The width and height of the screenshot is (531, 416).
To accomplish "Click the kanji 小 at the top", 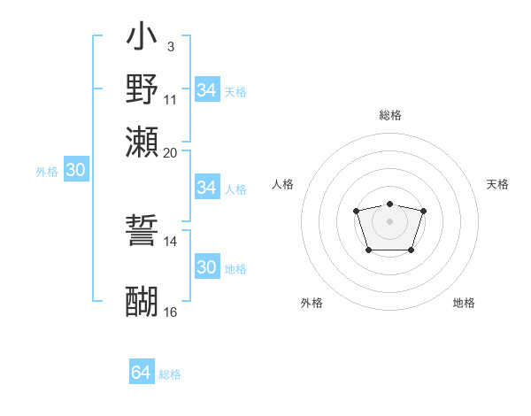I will pyautogui.click(x=142, y=38).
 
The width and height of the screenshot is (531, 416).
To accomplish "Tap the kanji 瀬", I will pyautogui.click(x=142, y=142).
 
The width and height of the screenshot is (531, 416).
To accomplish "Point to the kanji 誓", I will pyautogui.click(x=142, y=231).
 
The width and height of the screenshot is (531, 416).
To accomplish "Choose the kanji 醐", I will pyautogui.click(x=142, y=301).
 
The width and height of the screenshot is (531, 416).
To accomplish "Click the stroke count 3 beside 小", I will pyautogui.click(x=170, y=45).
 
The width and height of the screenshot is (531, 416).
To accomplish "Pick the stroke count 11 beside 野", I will pyautogui.click(x=170, y=99).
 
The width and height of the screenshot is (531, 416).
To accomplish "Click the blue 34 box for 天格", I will pyautogui.click(x=206, y=90).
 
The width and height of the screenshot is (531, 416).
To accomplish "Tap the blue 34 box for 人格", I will pyautogui.click(x=206, y=188).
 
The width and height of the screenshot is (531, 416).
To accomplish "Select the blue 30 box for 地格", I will pyautogui.click(x=206, y=267).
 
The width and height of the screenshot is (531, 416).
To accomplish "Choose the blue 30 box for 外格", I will pyautogui.click(x=75, y=170).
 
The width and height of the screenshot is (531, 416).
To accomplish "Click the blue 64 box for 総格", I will pyautogui.click(x=142, y=373).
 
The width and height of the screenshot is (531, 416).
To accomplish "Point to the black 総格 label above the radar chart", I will pyautogui.click(x=389, y=115).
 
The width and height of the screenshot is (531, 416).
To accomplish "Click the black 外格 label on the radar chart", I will pyautogui.click(x=312, y=303).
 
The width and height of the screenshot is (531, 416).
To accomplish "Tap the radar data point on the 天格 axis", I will pyautogui.click(x=423, y=211).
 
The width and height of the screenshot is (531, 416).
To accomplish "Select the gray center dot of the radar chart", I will pyautogui.click(x=389, y=220).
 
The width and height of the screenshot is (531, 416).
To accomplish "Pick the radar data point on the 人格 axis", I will pyautogui.click(x=356, y=211).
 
